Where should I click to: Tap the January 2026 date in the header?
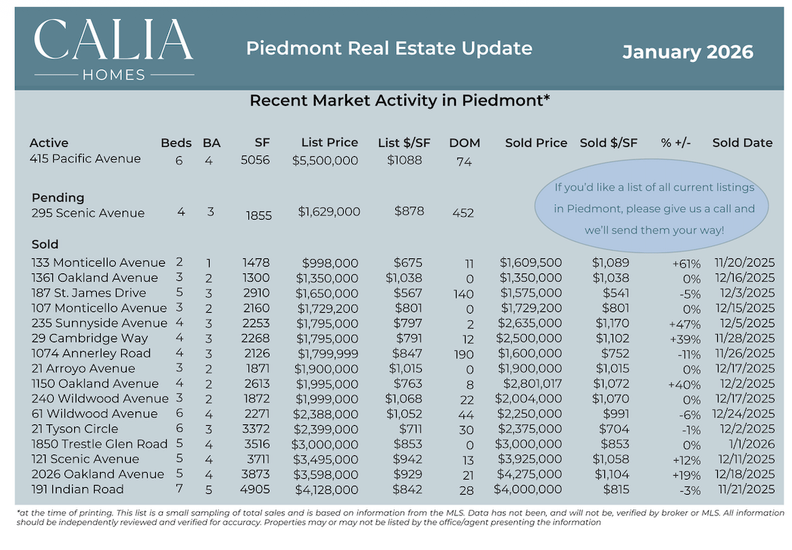click(688, 52)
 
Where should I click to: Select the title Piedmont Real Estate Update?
click(389, 48)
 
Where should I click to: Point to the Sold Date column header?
click(742, 142)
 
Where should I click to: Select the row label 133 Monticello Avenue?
click(98, 263)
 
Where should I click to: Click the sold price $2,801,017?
click(529, 384)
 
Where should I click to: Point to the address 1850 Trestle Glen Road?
click(99, 444)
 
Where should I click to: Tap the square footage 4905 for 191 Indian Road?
click(251, 490)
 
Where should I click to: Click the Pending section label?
click(58, 198)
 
